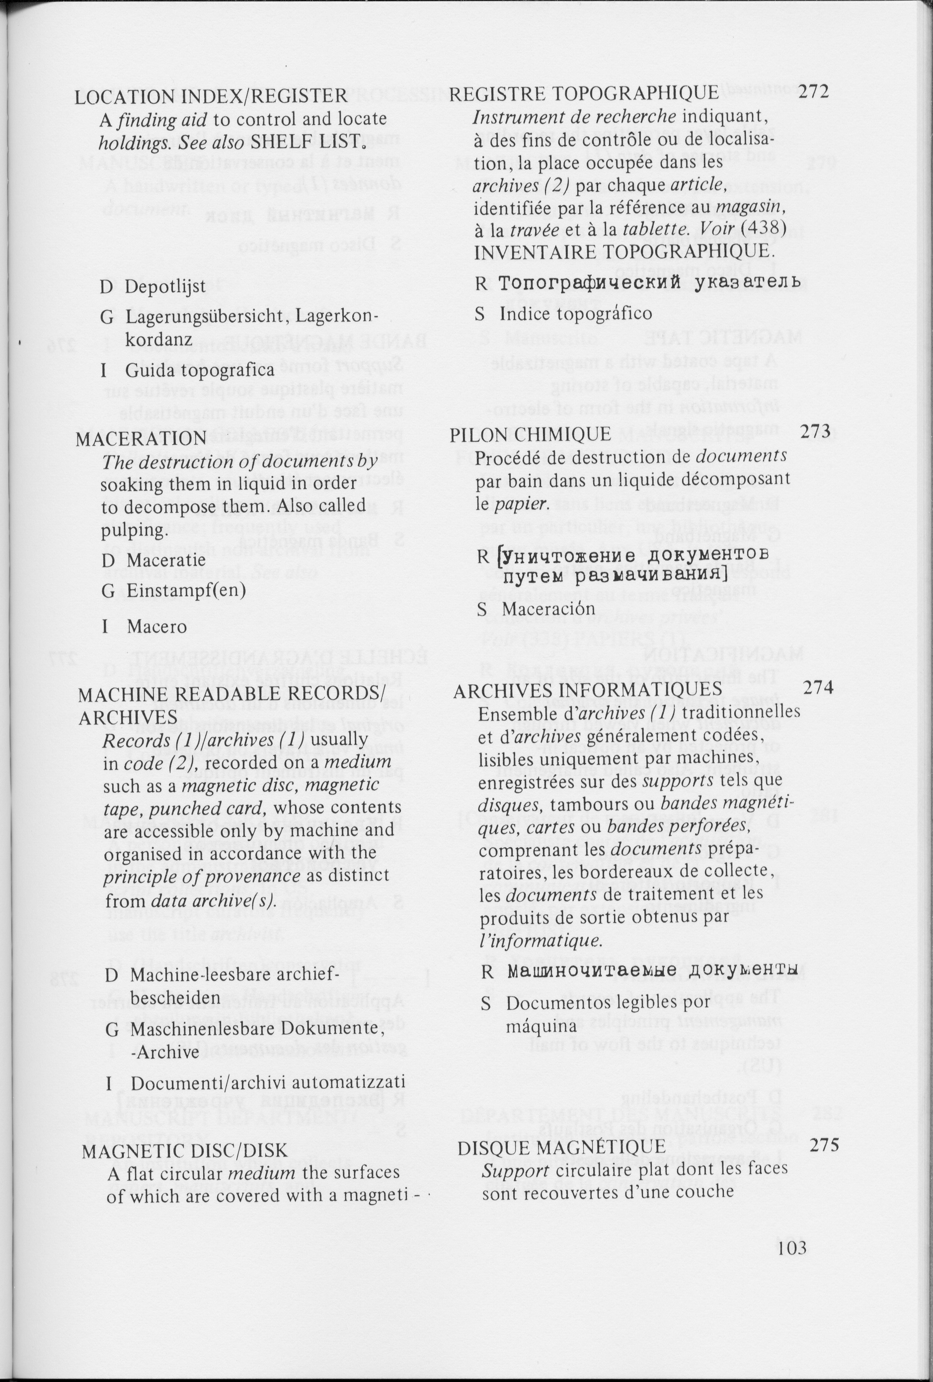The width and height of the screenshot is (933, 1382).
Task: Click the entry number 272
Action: pos(813,92)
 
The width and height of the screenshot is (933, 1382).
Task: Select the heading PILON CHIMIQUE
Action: pos(531,435)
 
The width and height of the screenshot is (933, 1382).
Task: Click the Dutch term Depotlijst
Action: pos(165,287)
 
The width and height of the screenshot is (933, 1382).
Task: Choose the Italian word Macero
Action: pos(156,626)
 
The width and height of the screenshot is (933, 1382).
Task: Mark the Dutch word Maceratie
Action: pos(166,560)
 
